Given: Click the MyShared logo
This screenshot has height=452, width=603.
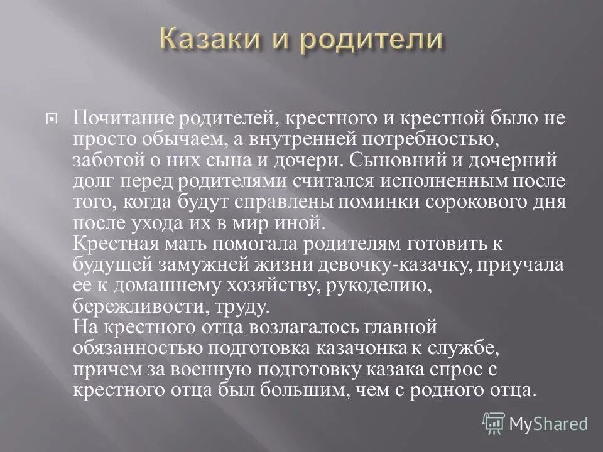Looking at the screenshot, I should coord(535,423).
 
